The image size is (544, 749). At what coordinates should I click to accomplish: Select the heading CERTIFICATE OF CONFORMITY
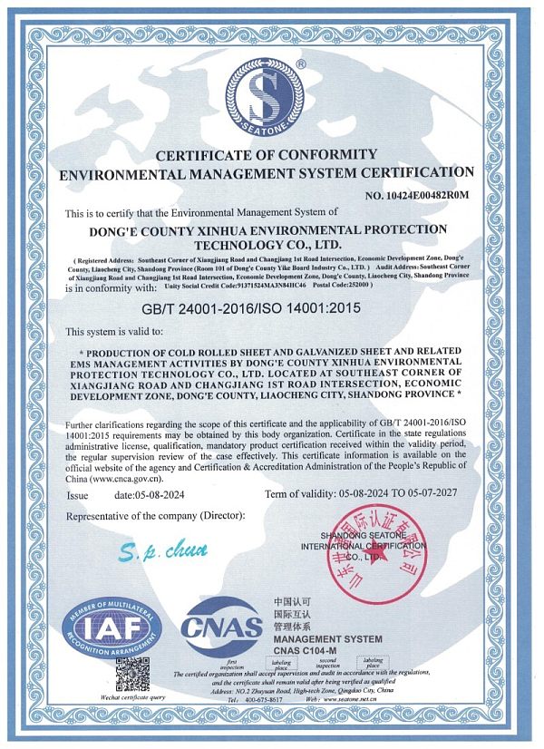coord(266,154)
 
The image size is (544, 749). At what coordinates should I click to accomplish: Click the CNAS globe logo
coord(220,627)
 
